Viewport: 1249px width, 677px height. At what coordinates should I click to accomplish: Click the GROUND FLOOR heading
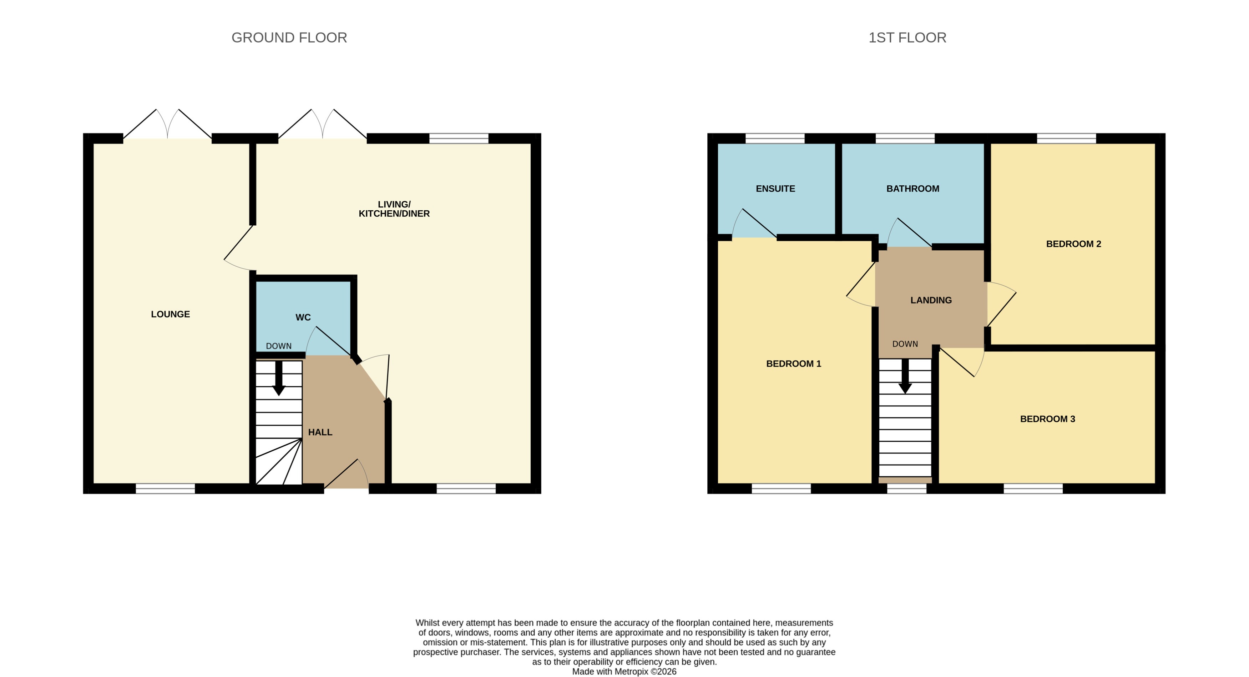click(289, 37)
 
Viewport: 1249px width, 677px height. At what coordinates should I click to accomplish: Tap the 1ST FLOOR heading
click(907, 37)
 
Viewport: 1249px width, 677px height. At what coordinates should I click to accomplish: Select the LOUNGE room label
click(170, 314)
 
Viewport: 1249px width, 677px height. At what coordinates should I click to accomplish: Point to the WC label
click(303, 317)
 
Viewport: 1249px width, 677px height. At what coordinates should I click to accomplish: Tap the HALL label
click(320, 432)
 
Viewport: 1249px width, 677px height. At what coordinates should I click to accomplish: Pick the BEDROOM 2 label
click(1073, 244)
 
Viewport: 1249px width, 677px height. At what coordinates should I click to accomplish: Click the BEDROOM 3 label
click(1047, 418)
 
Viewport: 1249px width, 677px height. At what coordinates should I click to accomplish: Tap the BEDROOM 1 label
click(793, 363)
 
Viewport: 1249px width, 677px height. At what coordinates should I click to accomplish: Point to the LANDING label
click(930, 300)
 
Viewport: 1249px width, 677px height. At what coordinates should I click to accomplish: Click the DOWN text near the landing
click(905, 343)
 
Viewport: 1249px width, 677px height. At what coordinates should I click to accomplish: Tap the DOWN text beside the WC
click(278, 346)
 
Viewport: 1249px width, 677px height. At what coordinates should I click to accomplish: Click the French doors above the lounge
click(167, 126)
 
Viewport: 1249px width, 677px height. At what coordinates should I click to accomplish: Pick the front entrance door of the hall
click(346, 476)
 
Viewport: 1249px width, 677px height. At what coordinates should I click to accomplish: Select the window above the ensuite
click(774, 138)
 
